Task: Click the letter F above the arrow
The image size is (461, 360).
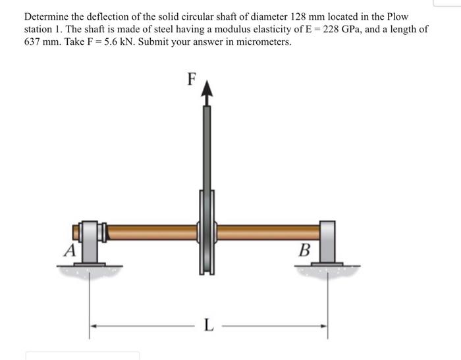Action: [192, 79]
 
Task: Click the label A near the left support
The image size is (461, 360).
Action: [68, 250]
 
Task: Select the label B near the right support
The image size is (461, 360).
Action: [304, 250]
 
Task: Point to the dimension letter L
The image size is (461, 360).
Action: [209, 325]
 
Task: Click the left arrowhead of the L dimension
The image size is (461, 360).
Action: [94, 325]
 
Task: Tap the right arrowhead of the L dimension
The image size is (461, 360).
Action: [323, 325]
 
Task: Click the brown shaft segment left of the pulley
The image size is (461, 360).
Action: [151, 232]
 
